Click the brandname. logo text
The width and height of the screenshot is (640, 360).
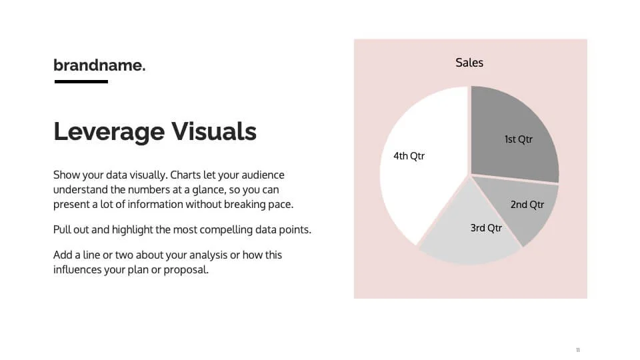[x=99, y=65]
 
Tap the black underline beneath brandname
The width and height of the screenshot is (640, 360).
[x=81, y=81]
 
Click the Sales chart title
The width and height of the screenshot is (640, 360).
[x=469, y=63]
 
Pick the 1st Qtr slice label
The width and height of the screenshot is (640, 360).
[x=518, y=139]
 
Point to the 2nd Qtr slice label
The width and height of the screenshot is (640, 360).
[x=527, y=205]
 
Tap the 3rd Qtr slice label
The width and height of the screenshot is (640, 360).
[x=486, y=228]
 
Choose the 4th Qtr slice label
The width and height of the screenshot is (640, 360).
[x=409, y=156]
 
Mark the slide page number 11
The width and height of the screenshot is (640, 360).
[x=578, y=350]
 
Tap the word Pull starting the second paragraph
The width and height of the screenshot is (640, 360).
[x=62, y=230]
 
